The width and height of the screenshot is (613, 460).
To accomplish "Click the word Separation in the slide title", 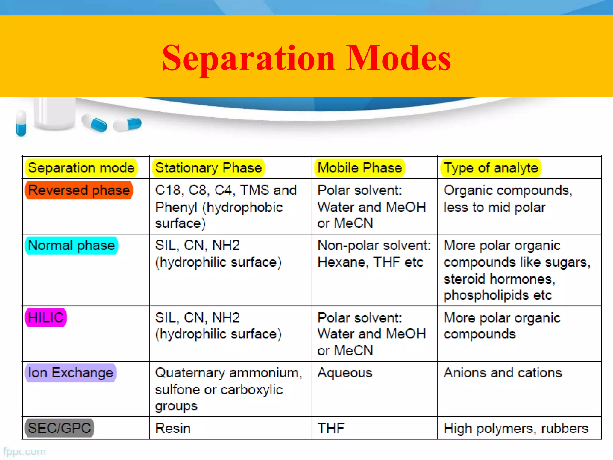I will [248, 58].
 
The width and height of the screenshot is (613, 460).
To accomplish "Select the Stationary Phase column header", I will [209, 168].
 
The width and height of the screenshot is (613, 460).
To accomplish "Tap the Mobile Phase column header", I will [359, 168].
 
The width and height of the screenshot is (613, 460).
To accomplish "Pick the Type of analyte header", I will [491, 168].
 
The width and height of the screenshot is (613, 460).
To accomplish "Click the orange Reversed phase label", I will [79, 190].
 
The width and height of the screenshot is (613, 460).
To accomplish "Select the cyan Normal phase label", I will [71, 246].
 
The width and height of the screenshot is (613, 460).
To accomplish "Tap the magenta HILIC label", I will [46, 317].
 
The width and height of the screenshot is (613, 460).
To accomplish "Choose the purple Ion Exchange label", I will [71, 373].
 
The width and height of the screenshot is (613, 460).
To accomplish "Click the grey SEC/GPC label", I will [59, 428].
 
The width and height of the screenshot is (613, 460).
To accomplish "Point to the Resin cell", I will [173, 428].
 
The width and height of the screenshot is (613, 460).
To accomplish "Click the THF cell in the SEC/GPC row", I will [331, 428].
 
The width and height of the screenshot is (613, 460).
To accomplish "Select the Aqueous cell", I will [345, 373].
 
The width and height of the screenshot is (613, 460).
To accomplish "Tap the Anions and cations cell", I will [503, 373].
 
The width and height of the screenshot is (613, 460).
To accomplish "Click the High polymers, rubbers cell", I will [516, 428].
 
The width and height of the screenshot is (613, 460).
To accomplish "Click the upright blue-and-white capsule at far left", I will [21, 123].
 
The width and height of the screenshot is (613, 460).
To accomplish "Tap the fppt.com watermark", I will [25, 452].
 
